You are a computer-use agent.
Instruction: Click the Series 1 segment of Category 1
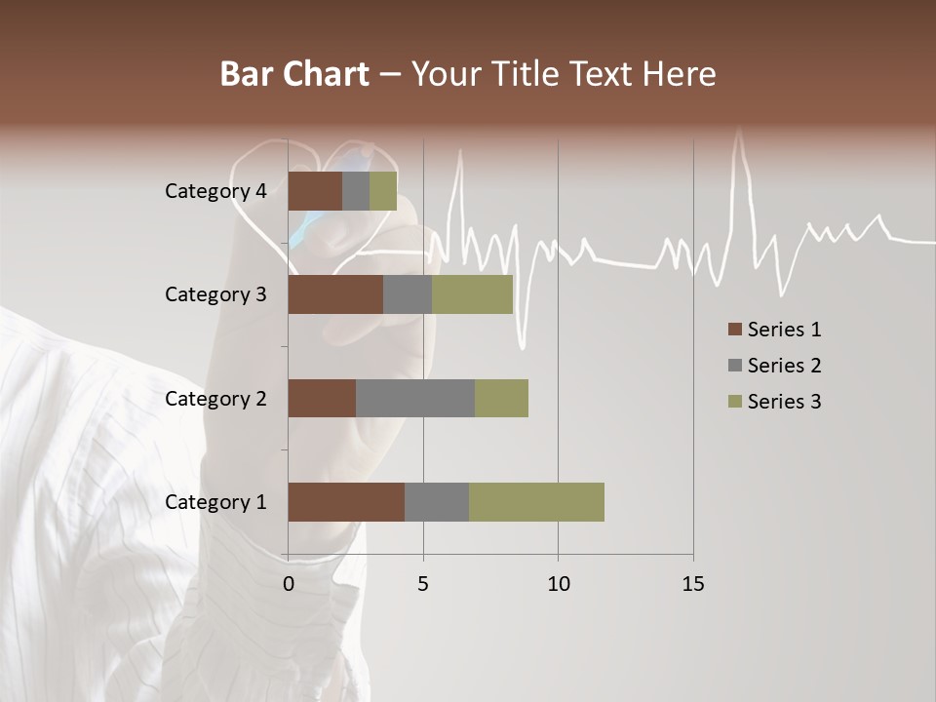[x=346, y=502]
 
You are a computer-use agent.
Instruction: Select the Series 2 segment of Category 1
[x=437, y=502]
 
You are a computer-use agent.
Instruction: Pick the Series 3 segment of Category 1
[x=536, y=502]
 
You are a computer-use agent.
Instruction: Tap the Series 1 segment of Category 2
[x=322, y=398]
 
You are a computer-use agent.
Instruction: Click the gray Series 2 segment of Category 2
[x=415, y=398]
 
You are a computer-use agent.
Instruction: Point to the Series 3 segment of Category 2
[x=501, y=398]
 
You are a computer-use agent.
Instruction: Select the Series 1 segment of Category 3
[x=335, y=294]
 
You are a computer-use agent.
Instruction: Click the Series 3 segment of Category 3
[x=472, y=294]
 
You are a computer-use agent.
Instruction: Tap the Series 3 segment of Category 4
[x=383, y=191]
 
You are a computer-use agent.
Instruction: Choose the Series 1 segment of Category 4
[x=315, y=191]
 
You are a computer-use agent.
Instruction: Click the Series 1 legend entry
[x=774, y=330]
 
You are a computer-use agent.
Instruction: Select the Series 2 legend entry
[x=774, y=366]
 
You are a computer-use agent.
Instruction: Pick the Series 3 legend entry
[x=774, y=402]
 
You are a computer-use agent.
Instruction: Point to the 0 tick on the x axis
[x=289, y=584]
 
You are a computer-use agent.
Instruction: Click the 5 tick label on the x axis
[x=423, y=584]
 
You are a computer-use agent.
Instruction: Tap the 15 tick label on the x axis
[x=692, y=584]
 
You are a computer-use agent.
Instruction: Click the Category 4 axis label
[x=215, y=191]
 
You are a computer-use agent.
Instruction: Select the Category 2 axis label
[x=215, y=398]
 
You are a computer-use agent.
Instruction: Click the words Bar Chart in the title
[x=294, y=74]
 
